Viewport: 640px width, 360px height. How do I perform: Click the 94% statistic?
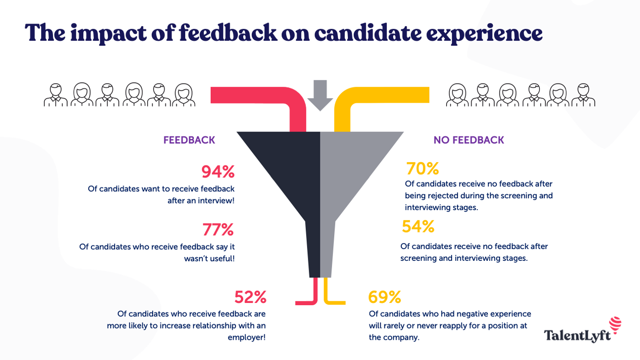(218, 172)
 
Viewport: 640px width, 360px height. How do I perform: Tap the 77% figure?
(218, 230)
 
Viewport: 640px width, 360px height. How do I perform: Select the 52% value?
(250, 297)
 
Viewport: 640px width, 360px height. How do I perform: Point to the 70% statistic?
(422, 169)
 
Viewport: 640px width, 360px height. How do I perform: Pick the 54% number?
(418, 227)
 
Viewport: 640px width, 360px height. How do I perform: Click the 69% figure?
(384, 297)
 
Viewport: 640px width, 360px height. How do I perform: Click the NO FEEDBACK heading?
(469, 140)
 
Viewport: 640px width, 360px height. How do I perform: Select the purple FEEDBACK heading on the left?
(189, 140)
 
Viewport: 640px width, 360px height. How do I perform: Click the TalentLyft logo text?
(577, 336)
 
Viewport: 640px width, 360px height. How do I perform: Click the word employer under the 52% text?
(247, 338)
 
